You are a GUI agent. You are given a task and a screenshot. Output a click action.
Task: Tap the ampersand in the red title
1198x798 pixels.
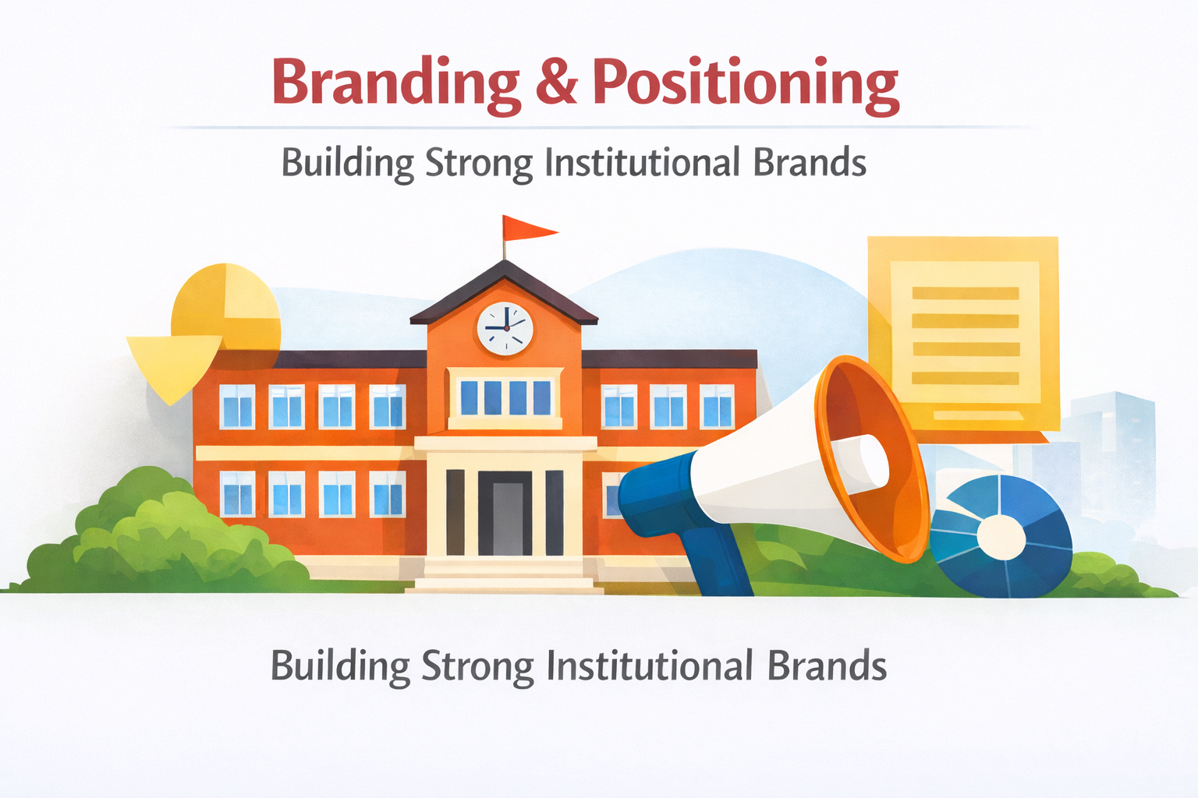click(x=556, y=82)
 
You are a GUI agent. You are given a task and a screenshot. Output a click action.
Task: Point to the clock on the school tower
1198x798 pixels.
click(x=505, y=328)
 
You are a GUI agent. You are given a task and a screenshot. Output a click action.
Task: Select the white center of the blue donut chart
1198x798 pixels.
click(x=1001, y=538)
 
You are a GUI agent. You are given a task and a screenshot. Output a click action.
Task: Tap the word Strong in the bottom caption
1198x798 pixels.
click(x=477, y=667)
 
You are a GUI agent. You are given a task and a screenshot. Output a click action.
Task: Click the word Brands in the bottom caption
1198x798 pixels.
click(x=826, y=667)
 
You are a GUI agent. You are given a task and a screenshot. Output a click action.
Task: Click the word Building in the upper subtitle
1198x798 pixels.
click(x=347, y=163)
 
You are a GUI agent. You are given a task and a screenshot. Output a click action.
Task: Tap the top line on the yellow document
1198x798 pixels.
click(x=965, y=294)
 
